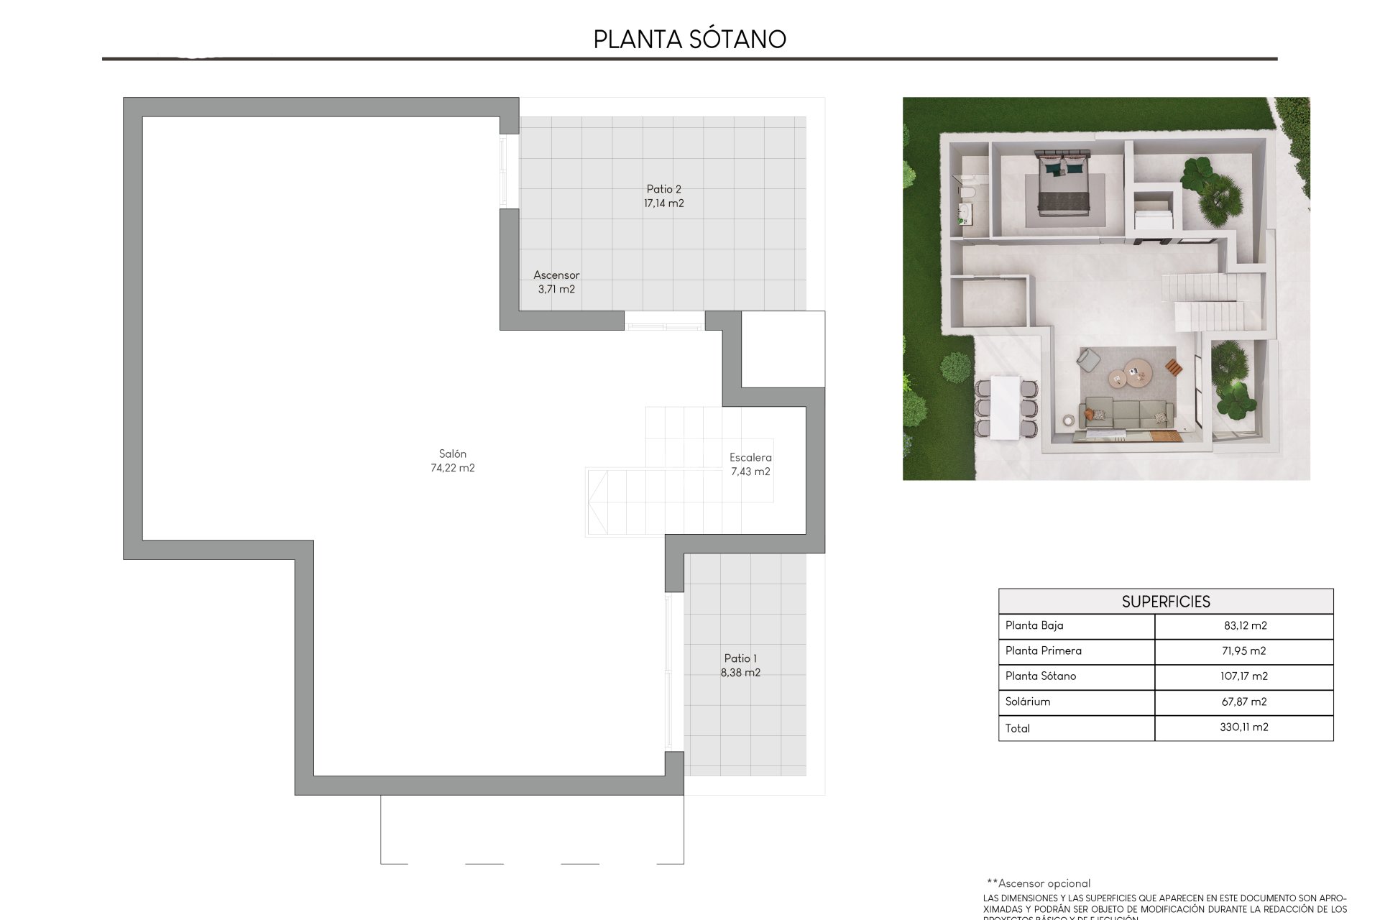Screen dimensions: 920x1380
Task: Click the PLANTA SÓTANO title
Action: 689,39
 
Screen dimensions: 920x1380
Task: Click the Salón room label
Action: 452,454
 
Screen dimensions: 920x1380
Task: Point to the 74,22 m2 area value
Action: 452,468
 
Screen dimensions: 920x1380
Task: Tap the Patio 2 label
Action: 663,189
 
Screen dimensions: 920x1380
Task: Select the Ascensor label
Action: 556,275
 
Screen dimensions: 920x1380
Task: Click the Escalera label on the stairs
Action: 750,457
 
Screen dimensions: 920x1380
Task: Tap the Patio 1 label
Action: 740,658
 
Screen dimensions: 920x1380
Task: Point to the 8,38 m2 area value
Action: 740,673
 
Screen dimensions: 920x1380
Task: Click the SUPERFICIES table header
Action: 1165,602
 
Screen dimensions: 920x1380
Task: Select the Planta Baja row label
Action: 1034,625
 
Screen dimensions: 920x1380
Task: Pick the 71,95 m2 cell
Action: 1243,650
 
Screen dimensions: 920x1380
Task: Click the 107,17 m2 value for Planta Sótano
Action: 1243,676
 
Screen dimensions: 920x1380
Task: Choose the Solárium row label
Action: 1027,701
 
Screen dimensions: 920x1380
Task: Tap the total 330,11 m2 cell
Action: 1243,727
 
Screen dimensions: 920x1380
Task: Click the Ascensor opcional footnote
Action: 1039,883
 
